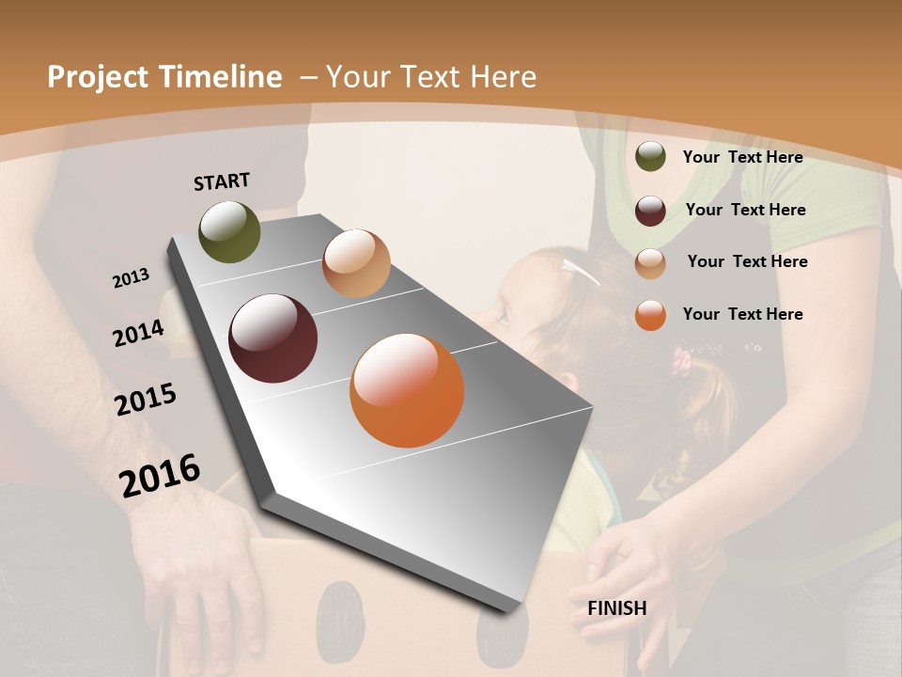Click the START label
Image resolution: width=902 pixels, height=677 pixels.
point(222,181)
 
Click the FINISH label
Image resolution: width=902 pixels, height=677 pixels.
point(616,608)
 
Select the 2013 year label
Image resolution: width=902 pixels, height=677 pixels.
point(131,278)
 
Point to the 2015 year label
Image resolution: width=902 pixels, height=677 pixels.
point(146,400)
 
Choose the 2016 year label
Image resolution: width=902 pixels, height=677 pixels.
point(160,476)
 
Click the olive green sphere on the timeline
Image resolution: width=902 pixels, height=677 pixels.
point(229,232)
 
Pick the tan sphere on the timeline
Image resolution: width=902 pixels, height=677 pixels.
point(356,263)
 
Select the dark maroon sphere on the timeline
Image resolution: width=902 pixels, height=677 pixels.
point(272,338)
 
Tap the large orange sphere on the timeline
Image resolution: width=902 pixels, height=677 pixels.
point(407,390)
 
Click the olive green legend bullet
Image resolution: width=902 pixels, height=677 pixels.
point(650,157)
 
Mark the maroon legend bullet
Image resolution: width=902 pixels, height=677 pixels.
point(650,211)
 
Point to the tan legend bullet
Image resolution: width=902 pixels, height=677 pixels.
point(650,263)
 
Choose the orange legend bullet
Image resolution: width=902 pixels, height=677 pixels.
point(650,315)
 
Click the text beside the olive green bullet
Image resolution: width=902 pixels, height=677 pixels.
point(742,157)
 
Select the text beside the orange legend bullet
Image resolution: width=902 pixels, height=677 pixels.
point(742,314)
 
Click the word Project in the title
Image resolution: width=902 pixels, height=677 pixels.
point(99,77)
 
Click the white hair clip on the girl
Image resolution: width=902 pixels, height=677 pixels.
point(580,272)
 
